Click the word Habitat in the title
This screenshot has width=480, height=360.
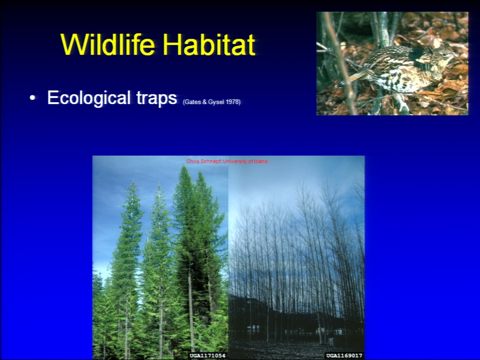tap(209, 44)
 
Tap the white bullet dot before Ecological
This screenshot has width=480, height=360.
tap(32, 98)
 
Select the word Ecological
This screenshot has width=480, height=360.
tap(89, 98)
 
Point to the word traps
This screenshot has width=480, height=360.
tap(156, 98)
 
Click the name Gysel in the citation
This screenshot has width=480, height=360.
tap(216, 102)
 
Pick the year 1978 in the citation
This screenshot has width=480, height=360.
tap(232, 102)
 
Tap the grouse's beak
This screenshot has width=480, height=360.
tap(455, 55)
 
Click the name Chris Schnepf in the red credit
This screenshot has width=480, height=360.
tap(203, 161)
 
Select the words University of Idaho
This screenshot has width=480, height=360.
tap(245, 161)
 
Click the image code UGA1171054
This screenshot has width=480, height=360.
tap(207, 355)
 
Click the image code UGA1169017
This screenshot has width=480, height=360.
tap(344, 355)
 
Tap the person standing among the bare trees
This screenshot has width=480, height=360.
tap(331, 340)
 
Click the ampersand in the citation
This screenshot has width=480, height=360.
tap(204, 102)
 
